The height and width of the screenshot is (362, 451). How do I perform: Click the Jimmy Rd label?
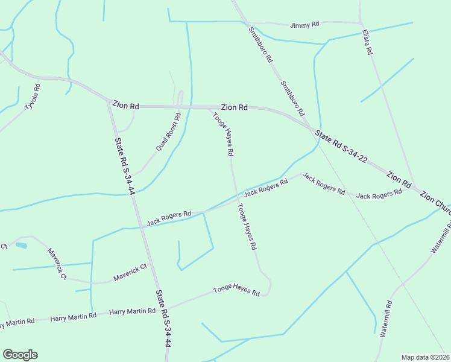pyautogui.click(x=304, y=25)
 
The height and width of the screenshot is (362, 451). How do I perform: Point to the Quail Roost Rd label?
pyautogui.click(x=168, y=132)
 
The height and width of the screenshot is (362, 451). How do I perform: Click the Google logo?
pyautogui.click(x=20, y=355)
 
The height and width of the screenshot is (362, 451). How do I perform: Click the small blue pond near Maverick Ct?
pyautogui.click(x=21, y=246)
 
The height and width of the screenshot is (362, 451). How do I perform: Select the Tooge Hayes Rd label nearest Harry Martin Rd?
pyautogui.click(x=236, y=291)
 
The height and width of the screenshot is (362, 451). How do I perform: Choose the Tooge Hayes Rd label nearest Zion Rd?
pyautogui.click(x=222, y=135)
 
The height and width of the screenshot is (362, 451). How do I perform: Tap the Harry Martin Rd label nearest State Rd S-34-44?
pyautogui.click(x=132, y=312)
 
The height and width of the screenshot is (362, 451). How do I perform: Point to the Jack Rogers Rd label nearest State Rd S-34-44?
pyautogui.click(x=169, y=218)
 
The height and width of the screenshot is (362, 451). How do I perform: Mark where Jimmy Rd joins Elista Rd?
pyautogui.click(x=361, y=23)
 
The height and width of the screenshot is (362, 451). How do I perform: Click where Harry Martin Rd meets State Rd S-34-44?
pyautogui.click(x=160, y=309)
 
